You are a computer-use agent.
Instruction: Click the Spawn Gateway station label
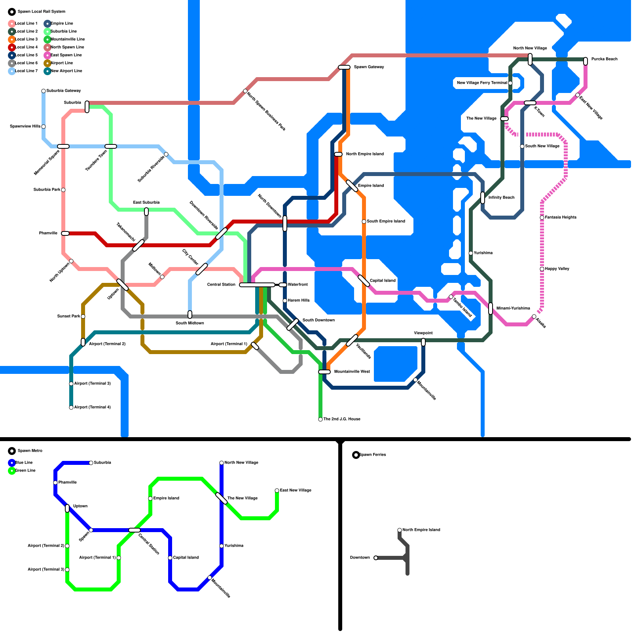pyautogui.click(x=369, y=67)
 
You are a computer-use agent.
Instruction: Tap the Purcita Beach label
pyautogui.click(x=604, y=59)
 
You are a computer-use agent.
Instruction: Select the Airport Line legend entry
pyautogui.click(x=61, y=63)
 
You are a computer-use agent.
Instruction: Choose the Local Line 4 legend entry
pyautogui.click(x=26, y=47)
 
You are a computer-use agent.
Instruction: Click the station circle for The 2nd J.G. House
pyautogui.click(x=320, y=419)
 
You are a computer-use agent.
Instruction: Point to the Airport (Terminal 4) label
pyautogui.click(x=92, y=407)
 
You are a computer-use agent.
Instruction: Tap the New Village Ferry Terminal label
pyautogui.click(x=481, y=83)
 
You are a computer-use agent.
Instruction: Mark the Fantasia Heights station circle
pyautogui.click(x=542, y=218)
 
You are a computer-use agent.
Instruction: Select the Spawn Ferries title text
pyautogui.click(x=372, y=455)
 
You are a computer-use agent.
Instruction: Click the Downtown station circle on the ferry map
pyautogui.click(x=376, y=558)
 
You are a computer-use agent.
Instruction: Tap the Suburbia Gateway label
pyautogui.click(x=64, y=91)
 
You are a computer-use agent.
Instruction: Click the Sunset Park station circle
pyautogui.click(x=83, y=316)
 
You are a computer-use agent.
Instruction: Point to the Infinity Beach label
pyautogui.click(x=501, y=197)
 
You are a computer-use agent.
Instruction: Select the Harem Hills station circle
pyautogui.click(x=285, y=301)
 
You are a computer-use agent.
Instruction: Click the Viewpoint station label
pyautogui.click(x=423, y=333)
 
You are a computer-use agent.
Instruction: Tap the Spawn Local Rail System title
pyautogui.click(x=42, y=11)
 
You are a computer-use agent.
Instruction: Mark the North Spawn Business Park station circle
pyautogui.click(x=245, y=91)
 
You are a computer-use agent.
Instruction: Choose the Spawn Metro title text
pyautogui.click(x=30, y=451)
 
